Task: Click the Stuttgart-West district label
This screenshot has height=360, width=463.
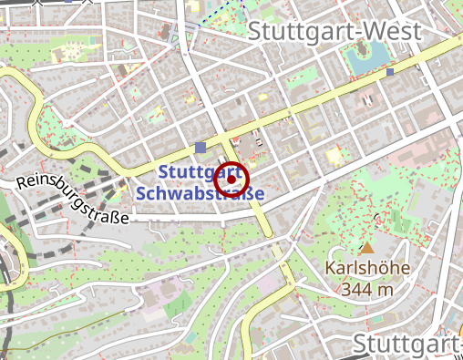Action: coord(334,31)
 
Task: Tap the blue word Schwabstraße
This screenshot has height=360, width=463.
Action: coord(199,193)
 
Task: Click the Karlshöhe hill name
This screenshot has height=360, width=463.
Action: coord(367,270)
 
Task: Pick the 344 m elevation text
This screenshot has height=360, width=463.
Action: coord(367,289)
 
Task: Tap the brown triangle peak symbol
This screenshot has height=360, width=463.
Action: coord(367,247)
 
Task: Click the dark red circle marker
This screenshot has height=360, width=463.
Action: coord(231,180)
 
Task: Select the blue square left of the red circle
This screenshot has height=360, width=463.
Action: coord(201,147)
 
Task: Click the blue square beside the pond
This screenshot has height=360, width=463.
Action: coord(390,71)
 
